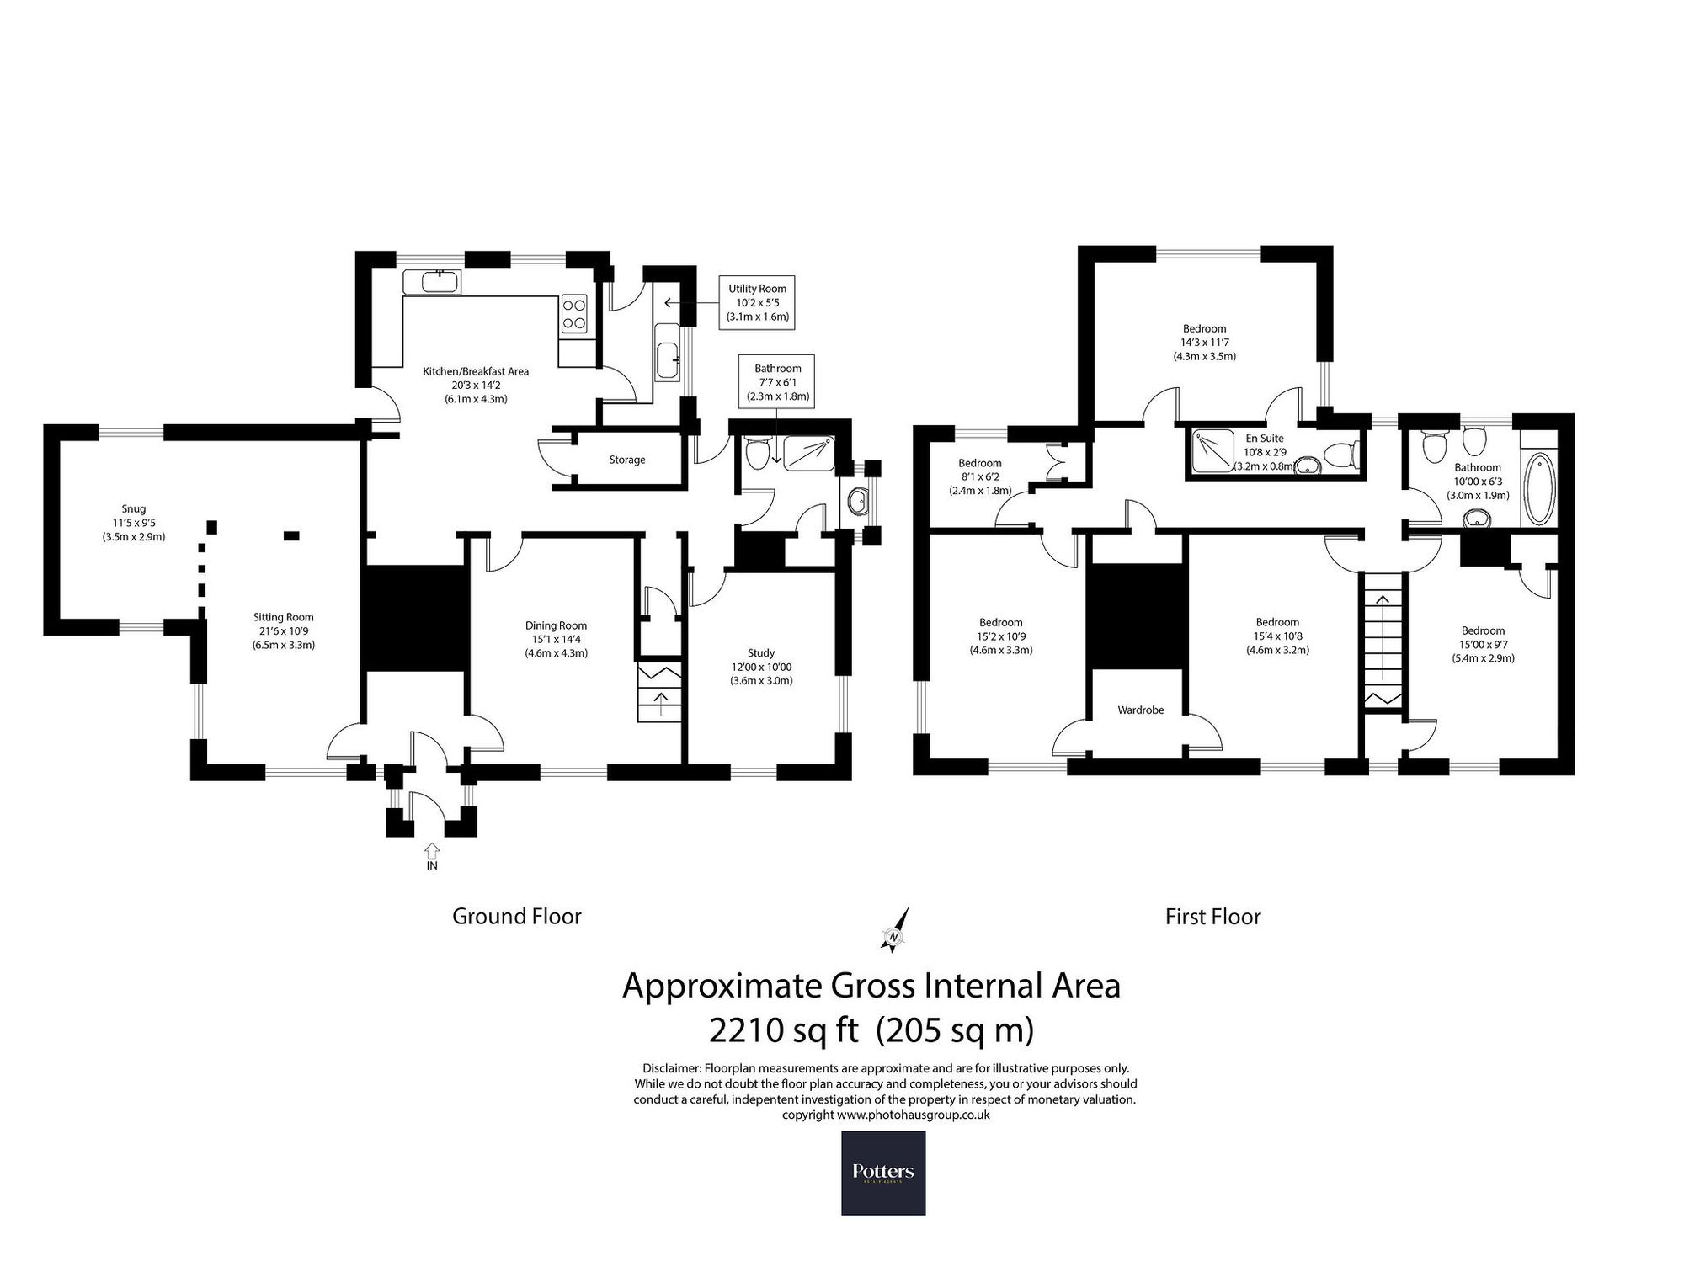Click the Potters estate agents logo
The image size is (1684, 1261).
pos(883,1173)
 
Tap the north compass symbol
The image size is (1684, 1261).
pos(896,930)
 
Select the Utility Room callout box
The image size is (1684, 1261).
pos(758,302)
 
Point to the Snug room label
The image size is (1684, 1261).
pos(134,508)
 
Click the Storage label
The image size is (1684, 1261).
pos(627,460)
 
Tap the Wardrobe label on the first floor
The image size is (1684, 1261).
pos(1141,710)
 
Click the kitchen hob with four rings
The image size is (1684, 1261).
pos(575,313)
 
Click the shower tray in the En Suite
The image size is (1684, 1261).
pos(1212,452)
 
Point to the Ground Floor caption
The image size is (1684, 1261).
pos(517,916)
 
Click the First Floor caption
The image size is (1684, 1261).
pos(1212,916)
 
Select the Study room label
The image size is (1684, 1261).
pos(761,652)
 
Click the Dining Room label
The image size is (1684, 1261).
pos(556,625)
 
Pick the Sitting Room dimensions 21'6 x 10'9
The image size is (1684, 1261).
pos(283,631)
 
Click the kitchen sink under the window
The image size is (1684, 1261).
pos(432,281)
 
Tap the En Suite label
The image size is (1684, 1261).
pos(1266,439)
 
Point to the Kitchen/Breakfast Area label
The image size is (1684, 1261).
pos(476,371)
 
